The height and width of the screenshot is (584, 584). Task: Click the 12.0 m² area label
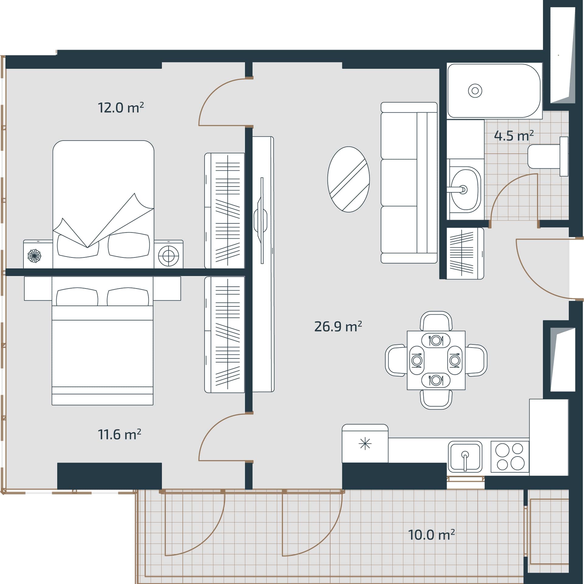pyautogui.click(x=121, y=108)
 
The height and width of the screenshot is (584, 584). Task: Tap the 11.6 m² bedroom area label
pyautogui.click(x=120, y=434)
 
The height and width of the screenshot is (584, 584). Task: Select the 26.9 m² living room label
pyautogui.click(x=338, y=326)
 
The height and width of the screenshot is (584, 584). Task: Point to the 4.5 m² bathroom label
pyautogui.click(x=514, y=136)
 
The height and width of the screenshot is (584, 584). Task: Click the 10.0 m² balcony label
pyautogui.click(x=432, y=544)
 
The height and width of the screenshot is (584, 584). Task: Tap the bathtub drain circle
pyautogui.click(x=475, y=91)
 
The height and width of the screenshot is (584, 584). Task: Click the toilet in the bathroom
pyautogui.click(x=548, y=156)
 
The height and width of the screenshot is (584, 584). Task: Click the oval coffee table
pyautogui.click(x=349, y=179)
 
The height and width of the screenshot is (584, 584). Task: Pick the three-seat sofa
pyautogui.click(x=409, y=182)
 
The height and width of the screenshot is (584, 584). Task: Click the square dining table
pyautogui.click(x=436, y=360)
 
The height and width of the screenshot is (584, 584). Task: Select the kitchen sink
pyautogui.click(x=465, y=456)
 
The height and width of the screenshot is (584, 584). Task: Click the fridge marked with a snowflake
pyautogui.click(x=365, y=444)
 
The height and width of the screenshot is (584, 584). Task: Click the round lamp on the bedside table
pyautogui.click(x=169, y=256)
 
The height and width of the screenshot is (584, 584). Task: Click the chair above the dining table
pyautogui.click(x=436, y=321)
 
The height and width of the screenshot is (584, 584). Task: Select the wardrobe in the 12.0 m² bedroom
pyautogui.click(x=224, y=210)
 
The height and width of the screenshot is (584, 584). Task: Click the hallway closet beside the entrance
pyautogui.click(x=465, y=253)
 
